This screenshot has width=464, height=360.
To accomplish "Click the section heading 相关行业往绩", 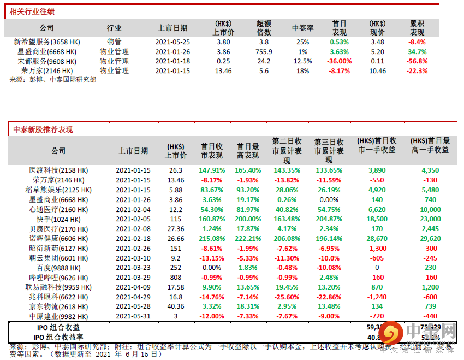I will coord(32,11).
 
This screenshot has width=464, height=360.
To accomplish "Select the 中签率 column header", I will coord(302,28).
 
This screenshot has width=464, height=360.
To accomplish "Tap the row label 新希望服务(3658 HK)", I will coord(47,42).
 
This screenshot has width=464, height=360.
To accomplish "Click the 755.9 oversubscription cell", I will coord(264,51).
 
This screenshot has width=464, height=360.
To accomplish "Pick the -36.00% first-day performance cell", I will coord(339,61).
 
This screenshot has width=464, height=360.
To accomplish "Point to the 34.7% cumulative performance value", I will coord(417,51).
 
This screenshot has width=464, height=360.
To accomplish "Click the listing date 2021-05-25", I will coord(172,42).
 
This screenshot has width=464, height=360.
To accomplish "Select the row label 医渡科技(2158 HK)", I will coord(58,170).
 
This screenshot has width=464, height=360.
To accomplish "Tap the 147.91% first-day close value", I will coord(212,170).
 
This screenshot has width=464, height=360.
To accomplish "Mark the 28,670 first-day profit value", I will coord(377,239).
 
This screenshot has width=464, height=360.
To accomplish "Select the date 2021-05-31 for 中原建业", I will coord(133,316).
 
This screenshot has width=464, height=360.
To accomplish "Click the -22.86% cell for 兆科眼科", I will coord(329,297).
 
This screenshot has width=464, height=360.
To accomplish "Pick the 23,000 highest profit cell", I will coord(430,219).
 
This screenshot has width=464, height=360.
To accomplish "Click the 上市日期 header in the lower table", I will coord(133,151).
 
